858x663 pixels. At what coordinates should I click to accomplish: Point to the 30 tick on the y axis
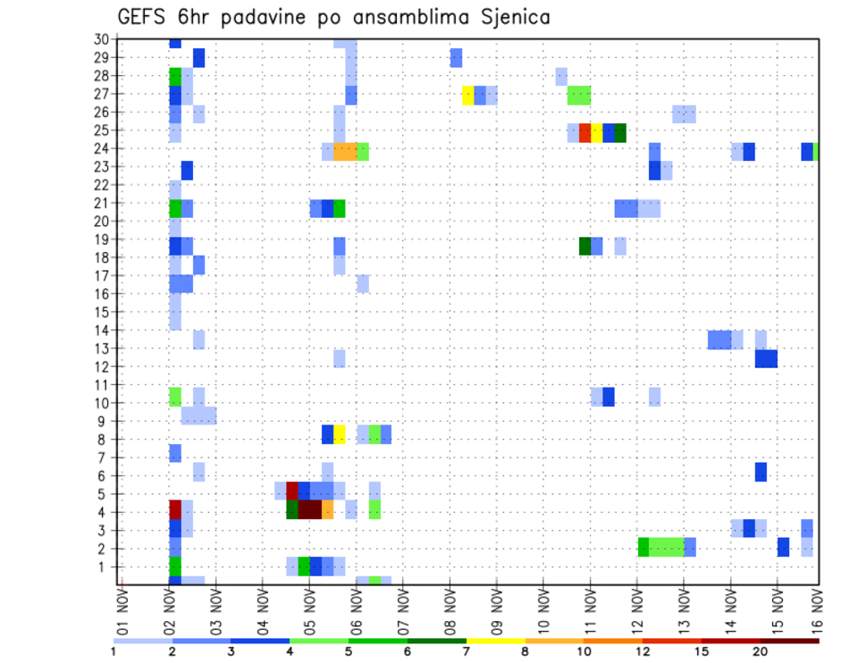[x=101, y=39]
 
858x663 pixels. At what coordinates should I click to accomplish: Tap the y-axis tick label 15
[x=101, y=312]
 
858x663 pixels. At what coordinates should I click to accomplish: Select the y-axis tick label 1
[x=105, y=566]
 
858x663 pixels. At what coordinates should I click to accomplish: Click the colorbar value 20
[x=761, y=651]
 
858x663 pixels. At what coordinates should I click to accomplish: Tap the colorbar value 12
[x=643, y=651]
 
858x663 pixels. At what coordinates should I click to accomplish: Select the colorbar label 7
[x=467, y=651]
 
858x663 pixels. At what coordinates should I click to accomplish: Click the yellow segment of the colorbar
[x=496, y=641]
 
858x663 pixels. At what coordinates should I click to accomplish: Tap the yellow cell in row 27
[x=468, y=95]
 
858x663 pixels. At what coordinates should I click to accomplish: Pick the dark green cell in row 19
[x=585, y=246]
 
